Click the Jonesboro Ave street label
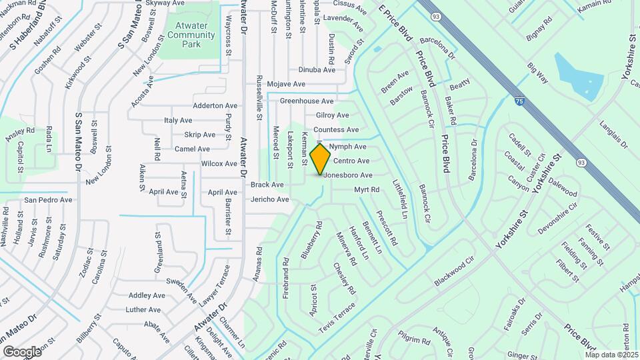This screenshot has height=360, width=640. (x=348, y=175)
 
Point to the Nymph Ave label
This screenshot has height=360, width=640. (x=347, y=146)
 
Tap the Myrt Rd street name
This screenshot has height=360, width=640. (x=367, y=190)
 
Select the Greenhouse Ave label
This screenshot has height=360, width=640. (x=306, y=101)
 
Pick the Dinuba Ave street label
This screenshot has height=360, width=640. (x=317, y=69)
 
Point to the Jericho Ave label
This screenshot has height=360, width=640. (x=269, y=199)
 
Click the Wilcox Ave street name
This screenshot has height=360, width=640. (x=219, y=163)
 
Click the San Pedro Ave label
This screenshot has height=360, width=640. (x=47, y=199)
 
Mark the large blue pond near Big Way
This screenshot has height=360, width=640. (x=577, y=77)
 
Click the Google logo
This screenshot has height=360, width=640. (x=22, y=351)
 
